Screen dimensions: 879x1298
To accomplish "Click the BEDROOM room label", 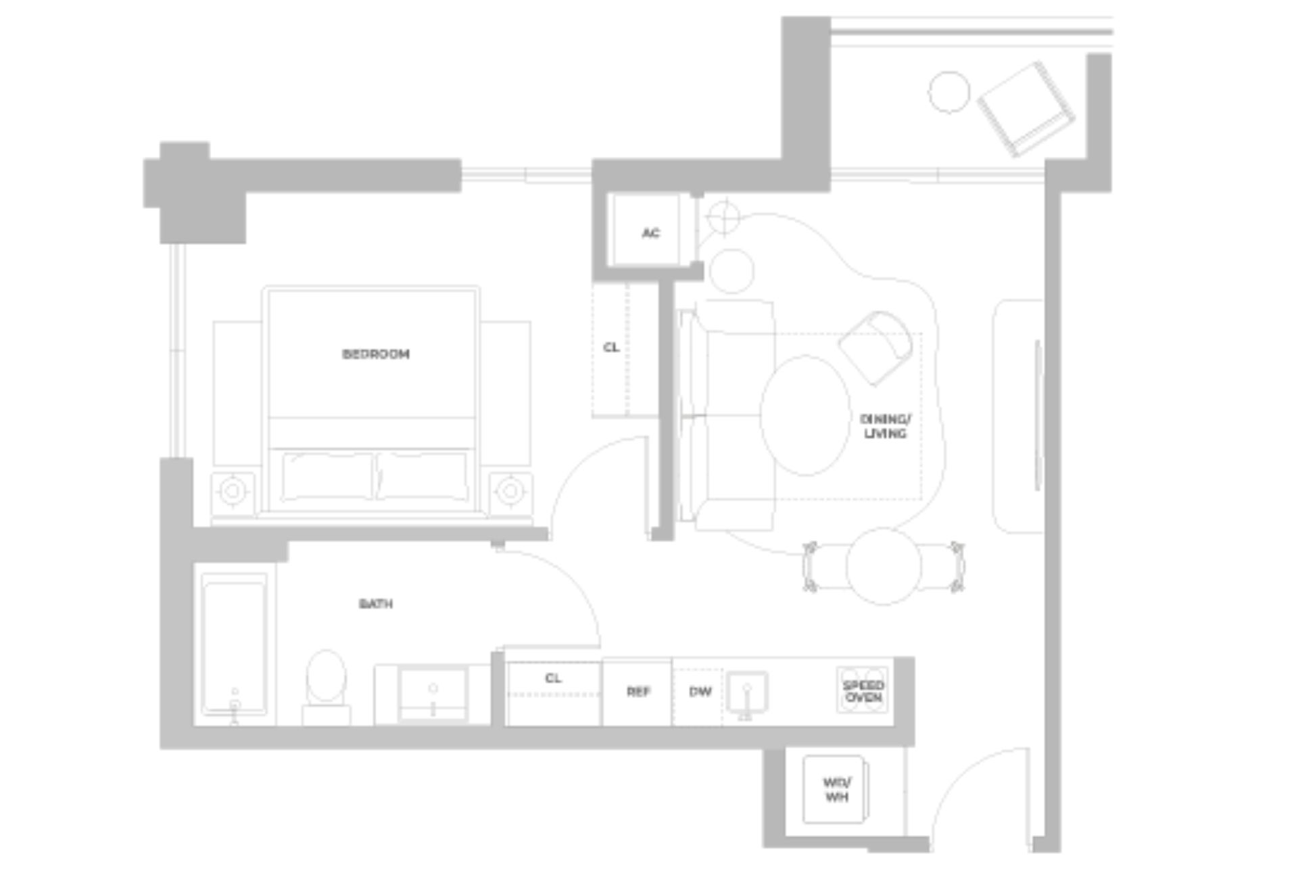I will point(376,354).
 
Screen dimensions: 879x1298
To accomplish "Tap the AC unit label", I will point(650,233).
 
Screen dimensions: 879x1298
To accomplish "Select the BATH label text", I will point(376,603).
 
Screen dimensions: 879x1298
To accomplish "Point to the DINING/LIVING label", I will point(885,426).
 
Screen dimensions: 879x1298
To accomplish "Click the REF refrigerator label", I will point(638,692).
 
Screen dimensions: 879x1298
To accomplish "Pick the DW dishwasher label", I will point(700,692).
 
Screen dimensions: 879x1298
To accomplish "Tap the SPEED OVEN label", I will point(863,691).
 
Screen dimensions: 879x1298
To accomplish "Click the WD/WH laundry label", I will point(836,789).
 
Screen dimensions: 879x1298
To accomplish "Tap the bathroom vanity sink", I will point(433,693).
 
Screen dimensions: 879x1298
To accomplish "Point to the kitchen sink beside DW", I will point(746,692).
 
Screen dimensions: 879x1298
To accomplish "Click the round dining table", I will point(883,567).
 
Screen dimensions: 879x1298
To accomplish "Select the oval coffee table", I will point(805,415).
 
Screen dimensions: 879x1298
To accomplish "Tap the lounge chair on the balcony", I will point(1024,108).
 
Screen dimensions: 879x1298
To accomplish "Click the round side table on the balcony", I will point(948,92).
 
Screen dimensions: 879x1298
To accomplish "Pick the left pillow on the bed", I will point(327,476).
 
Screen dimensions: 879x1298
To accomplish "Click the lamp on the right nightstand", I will point(510,491).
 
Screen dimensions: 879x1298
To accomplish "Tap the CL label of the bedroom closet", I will point(611,348).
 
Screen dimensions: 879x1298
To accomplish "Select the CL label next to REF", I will point(553,678).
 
